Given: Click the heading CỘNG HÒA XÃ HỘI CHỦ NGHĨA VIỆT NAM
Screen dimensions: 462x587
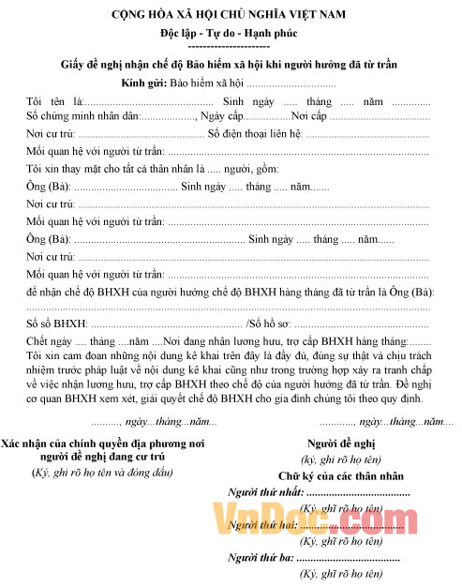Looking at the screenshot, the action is point(229,15).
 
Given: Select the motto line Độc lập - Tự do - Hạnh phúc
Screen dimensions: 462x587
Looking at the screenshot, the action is point(229,32).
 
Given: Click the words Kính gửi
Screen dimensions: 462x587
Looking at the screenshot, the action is point(143,82).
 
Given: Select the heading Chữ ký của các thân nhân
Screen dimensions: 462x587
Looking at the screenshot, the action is point(340,476).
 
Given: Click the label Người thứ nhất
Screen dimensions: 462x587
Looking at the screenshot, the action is point(266,493).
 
